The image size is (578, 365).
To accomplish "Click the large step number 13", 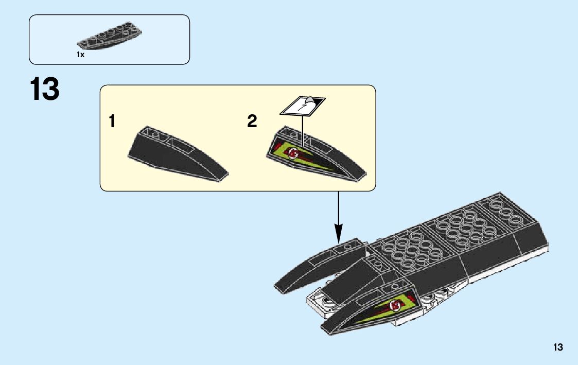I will tap(45, 89).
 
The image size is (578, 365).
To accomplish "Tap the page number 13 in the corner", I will tap(558, 347).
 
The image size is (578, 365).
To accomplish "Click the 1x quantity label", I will tap(80, 54).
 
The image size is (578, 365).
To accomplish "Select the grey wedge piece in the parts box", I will tap(110, 38).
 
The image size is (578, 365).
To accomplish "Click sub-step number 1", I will tap(112, 122).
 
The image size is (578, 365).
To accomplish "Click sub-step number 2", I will tap(252, 122).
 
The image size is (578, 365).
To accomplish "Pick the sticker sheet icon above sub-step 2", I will tap(303, 105).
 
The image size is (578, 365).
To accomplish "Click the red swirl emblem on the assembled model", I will tap(396, 306).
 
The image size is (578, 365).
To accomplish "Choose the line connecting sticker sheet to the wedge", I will tap(303, 129).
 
